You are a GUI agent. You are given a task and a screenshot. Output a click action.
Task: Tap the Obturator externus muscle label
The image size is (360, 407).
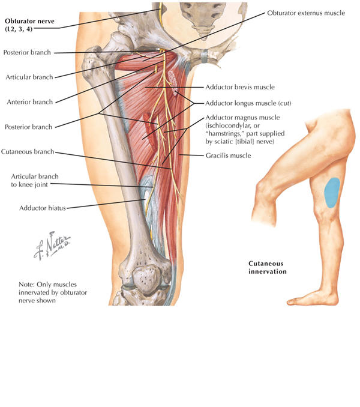(305, 13)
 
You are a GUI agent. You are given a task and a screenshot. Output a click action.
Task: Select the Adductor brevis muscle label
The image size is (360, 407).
(239, 87)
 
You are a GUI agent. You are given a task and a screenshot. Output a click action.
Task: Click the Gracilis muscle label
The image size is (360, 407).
(227, 156)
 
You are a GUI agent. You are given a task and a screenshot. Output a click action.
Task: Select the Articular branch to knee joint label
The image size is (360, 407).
(36, 180)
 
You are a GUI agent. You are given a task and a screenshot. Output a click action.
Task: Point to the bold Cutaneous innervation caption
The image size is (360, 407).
(267, 268)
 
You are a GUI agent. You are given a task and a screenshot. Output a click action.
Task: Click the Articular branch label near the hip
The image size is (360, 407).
(29, 77)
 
